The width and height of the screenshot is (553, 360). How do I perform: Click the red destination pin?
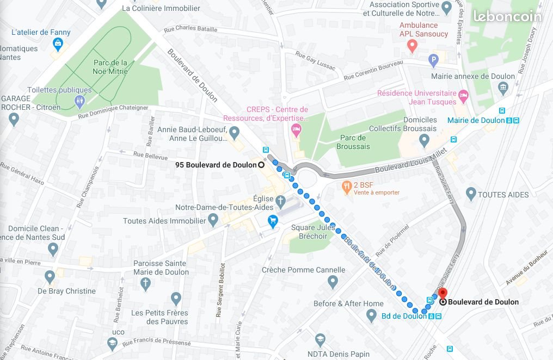442,294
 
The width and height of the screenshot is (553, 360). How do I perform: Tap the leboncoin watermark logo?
507,16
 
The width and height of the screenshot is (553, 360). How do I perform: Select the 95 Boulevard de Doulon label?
216,165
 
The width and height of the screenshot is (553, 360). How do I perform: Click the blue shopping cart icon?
273,221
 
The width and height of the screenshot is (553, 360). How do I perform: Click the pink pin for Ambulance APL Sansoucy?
412,47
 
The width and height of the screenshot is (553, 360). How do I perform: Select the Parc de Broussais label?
353,142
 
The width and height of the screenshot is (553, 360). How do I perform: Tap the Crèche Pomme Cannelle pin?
333,282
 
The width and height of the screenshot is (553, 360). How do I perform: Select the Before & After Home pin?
371,315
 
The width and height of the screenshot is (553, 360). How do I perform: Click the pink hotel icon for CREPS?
296,130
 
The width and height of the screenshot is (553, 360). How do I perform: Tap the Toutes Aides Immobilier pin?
213,220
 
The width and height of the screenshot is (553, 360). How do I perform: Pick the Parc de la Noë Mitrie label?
110,67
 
